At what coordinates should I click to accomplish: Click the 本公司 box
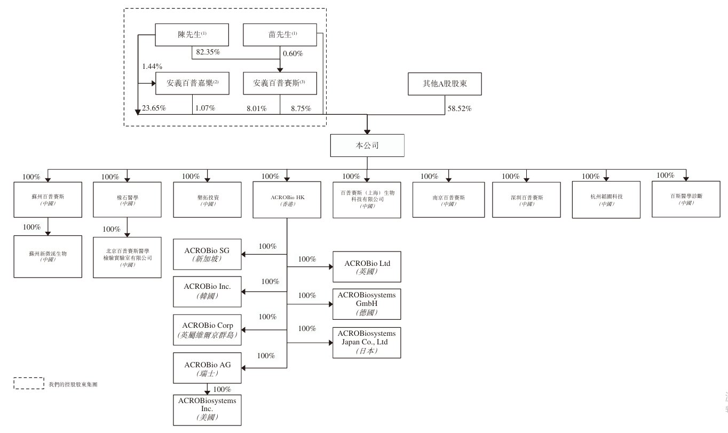click(367, 145)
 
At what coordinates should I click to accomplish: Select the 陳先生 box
click(192, 35)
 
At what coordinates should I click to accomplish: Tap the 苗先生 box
click(280, 35)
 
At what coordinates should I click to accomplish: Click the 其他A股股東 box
click(444, 84)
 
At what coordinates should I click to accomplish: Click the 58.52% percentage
click(458, 108)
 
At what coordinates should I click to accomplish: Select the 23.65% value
click(154, 108)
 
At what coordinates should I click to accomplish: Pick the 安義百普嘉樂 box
click(192, 84)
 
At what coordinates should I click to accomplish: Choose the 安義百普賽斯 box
click(280, 84)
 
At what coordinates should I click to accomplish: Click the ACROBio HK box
click(287, 200)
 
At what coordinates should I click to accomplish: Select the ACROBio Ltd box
click(366, 266)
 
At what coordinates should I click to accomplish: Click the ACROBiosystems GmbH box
click(366, 303)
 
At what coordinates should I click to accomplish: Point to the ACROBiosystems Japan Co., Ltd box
click(366, 342)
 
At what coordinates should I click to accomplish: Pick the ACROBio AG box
click(207, 368)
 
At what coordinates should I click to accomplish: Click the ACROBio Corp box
click(207, 329)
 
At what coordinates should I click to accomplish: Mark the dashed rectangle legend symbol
click(28, 383)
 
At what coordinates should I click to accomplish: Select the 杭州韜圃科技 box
click(606, 200)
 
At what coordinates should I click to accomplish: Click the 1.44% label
click(152, 67)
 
